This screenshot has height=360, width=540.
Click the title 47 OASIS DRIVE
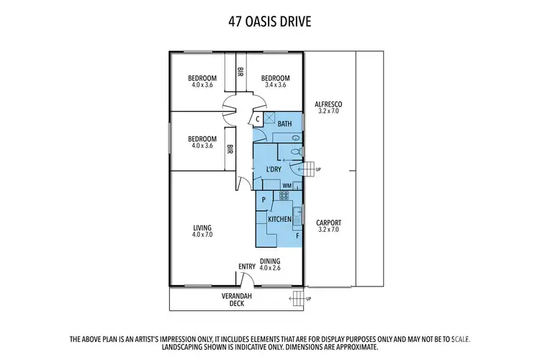click(270, 21)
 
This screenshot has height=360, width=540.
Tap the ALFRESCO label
click(328, 104)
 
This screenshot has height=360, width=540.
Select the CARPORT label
click(328, 222)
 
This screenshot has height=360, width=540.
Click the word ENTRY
click(247, 266)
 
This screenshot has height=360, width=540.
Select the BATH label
click(285, 124)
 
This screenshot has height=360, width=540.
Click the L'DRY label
click(274, 169)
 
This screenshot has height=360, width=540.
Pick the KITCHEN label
click(279, 218)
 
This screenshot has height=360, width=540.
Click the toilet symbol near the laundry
click(297, 151)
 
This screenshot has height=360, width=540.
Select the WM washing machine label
click(287, 185)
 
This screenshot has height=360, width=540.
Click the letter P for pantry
click(264, 200)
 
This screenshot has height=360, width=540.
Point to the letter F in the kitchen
click(297, 235)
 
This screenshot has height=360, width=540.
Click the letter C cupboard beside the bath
click(257, 120)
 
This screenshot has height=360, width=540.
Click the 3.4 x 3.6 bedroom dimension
click(275, 85)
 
